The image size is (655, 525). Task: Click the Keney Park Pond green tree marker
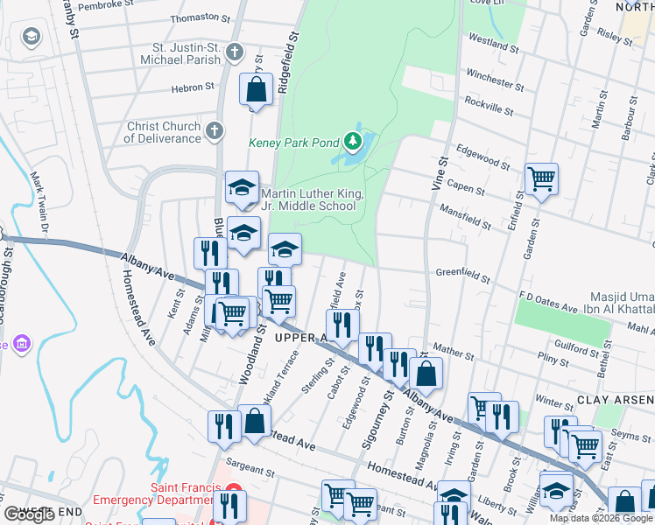(352, 140)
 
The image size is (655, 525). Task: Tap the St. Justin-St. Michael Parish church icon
(234, 52)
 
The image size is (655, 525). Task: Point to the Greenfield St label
(462, 275)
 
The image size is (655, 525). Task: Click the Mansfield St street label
(464, 219)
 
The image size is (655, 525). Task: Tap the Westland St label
(494, 41)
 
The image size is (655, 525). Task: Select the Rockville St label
(489, 107)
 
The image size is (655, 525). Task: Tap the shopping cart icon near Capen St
(542, 179)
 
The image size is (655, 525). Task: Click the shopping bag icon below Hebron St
(255, 89)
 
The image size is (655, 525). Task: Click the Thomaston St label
(200, 17)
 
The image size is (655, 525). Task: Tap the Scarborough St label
(6, 289)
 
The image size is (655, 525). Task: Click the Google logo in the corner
(30, 514)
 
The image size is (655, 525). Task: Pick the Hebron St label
(193, 87)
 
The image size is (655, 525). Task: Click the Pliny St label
(553, 358)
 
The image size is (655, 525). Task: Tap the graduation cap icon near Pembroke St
(32, 38)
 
